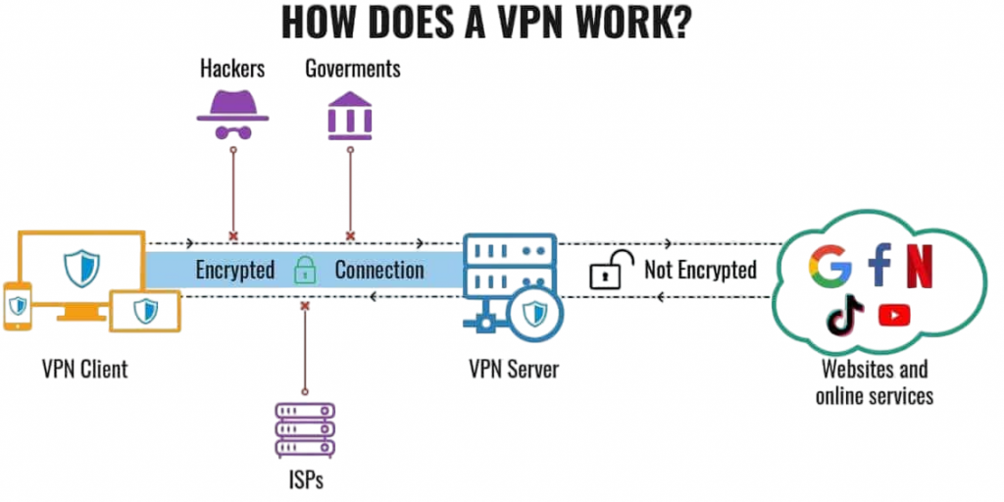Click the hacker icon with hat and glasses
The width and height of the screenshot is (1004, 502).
[232, 117]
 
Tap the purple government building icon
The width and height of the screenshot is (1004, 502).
[350, 117]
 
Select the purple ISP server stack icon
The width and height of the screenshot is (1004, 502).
[304, 429]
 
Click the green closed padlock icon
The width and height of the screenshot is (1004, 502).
[305, 270]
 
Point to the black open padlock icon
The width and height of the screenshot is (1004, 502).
[608, 270]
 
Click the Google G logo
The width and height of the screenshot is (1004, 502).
[830, 267]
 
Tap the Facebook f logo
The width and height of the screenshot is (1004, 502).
[879, 267]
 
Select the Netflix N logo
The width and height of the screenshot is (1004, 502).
[920, 267]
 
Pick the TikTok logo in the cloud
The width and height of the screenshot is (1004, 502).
[845, 315]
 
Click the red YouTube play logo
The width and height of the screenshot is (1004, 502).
[894, 315]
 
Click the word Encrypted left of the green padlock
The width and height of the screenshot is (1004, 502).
[234, 270]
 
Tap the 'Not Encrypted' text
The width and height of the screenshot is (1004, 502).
[700, 270]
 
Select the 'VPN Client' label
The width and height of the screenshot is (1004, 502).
[84, 371]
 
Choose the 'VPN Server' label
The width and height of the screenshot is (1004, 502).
[514, 371]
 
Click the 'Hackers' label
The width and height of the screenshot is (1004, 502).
[233, 69]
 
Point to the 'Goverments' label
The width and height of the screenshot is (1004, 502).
[352, 69]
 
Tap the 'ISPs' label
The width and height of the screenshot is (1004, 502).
[304, 480]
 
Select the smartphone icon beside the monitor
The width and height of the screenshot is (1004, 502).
[18, 306]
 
